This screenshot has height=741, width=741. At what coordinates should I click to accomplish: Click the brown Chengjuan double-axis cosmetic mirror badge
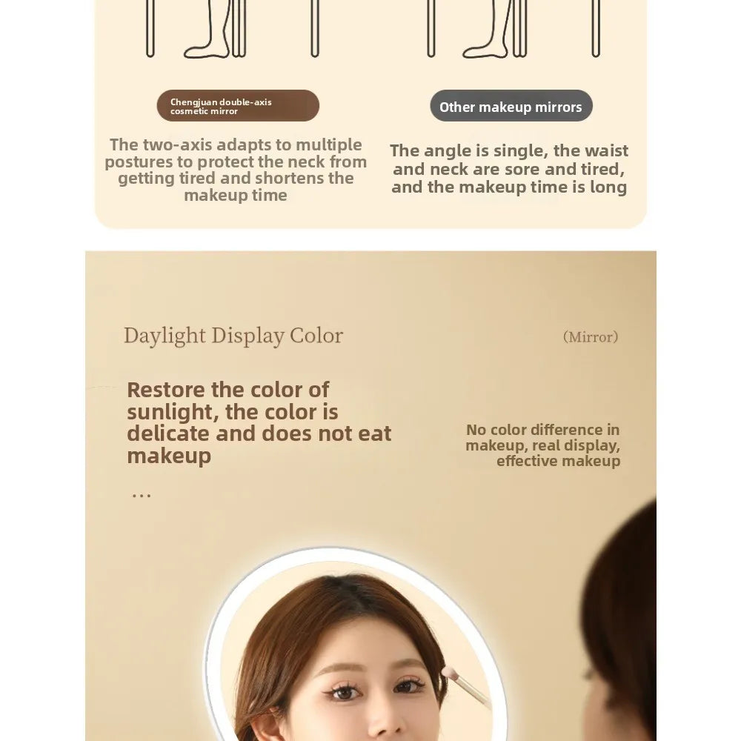click(x=238, y=106)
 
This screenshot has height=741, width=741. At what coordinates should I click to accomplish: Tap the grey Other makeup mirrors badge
click(x=511, y=106)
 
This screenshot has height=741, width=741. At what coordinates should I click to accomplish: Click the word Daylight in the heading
click(x=165, y=336)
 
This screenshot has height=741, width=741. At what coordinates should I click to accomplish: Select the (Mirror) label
click(x=590, y=337)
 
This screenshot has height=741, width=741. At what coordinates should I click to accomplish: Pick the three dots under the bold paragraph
click(x=141, y=495)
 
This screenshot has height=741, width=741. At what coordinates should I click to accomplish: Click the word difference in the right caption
click(x=551, y=430)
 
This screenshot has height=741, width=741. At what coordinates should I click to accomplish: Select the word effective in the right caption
click(x=525, y=461)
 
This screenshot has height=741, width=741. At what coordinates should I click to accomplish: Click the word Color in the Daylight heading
click(x=316, y=336)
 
